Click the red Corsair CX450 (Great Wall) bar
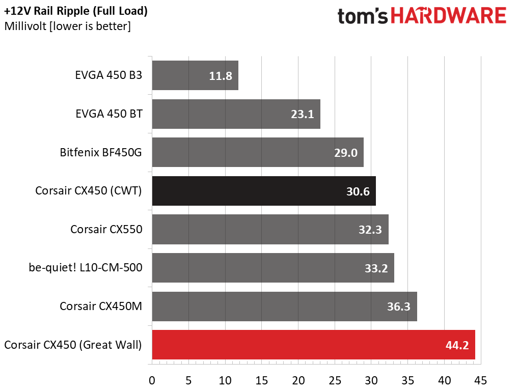(x=314, y=345)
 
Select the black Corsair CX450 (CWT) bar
(x=264, y=191)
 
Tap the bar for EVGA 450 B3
(x=195, y=75)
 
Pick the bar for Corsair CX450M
(x=284, y=307)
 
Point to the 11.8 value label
(x=221, y=76)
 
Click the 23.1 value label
(x=302, y=114)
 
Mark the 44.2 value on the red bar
(x=457, y=345)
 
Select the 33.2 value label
(x=376, y=268)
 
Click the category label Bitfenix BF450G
(x=101, y=152)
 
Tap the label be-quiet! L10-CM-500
(x=86, y=267)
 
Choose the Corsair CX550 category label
(x=106, y=229)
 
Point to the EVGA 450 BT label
(x=109, y=114)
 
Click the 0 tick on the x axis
(x=152, y=380)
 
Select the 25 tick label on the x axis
(x=335, y=380)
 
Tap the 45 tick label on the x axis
(x=481, y=380)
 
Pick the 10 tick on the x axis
(x=225, y=380)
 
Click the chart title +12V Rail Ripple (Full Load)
(x=76, y=11)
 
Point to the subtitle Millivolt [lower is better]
(x=67, y=26)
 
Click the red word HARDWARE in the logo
(x=449, y=15)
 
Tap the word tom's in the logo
(x=363, y=16)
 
